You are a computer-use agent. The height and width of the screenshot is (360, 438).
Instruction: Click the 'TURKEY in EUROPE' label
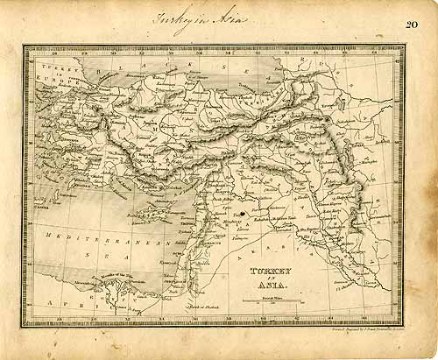click(48, 74)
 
